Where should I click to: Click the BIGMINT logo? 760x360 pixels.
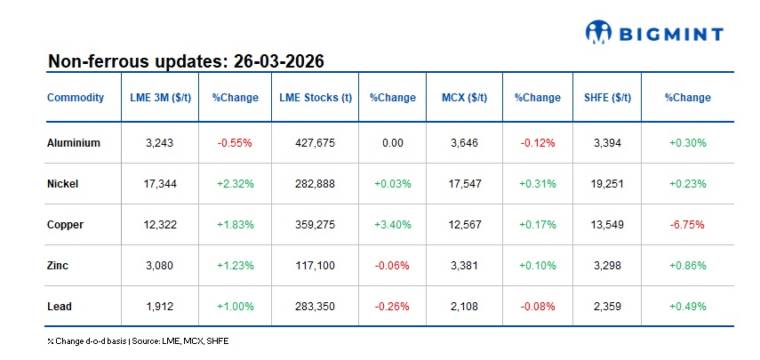[654, 34]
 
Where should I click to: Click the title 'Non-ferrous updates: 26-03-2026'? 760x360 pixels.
[185, 61]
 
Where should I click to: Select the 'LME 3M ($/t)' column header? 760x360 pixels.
[158, 98]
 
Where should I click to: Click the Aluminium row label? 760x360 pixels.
[73, 142]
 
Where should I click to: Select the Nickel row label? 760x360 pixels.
[62, 184]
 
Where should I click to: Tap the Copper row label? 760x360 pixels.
[65, 225]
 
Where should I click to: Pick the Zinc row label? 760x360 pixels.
[58, 266]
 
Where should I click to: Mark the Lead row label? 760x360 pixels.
[59, 307]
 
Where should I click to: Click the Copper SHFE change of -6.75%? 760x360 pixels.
[687, 225]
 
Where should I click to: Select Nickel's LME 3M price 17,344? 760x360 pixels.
[158, 184]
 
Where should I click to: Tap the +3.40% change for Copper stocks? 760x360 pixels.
[392, 225]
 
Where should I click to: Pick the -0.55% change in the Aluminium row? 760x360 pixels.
[235, 142]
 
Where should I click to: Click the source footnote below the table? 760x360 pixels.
[138, 340]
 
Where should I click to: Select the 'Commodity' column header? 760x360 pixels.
[75, 98]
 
